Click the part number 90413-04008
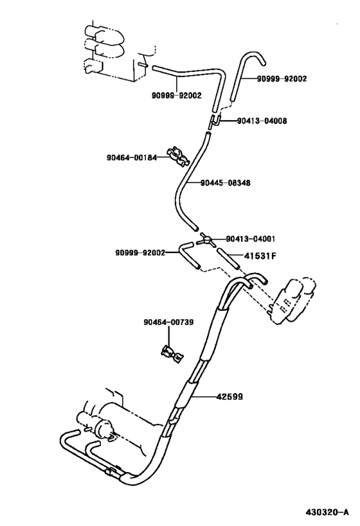(262, 121)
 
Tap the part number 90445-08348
(225, 183)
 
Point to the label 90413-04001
(250, 238)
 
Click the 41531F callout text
(260, 256)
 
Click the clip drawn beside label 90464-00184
(174, 155)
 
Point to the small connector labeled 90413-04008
(217, 119)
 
